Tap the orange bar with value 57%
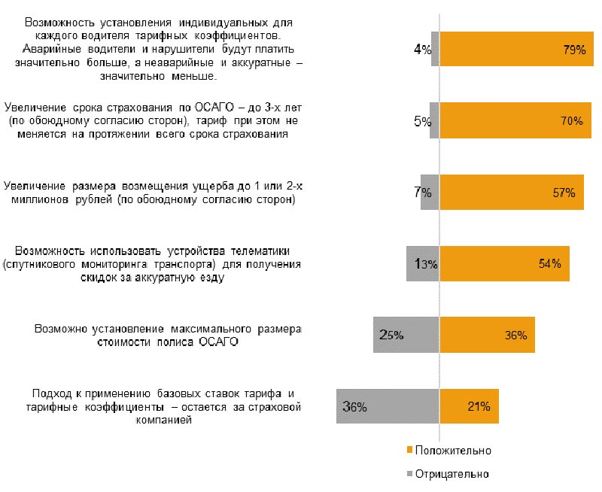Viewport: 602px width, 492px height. pyautogui.click(x=512, y=192)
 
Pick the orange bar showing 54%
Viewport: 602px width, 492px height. pyautogui.click(x=504, y=263)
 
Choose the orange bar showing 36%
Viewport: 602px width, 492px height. pyautogui.click(x=487, y=335)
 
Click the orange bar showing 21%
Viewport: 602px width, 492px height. pyautogui.click(x=469, y=406)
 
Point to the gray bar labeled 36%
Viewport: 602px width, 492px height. pyautogui.click(x=388, y=406)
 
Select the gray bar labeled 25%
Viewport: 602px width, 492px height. pyautogui.click(x=406, y=335)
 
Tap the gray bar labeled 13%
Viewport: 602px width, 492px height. pyautogui.click(x=422, y=263)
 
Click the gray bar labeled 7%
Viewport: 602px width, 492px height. pyautogui.click(x=430, y=192)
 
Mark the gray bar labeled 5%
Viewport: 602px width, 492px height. pyautogui.click(x=434, y=120)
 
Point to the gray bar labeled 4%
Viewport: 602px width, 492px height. pyautogui.click(x=435, y=50)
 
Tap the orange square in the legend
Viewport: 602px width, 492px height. pyautogui.click(x=410, y=450)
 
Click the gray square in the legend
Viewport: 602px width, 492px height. pyautogui.click(x=410, y=474)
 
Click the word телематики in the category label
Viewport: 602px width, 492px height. pyautogui.click(x=258, y=250)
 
